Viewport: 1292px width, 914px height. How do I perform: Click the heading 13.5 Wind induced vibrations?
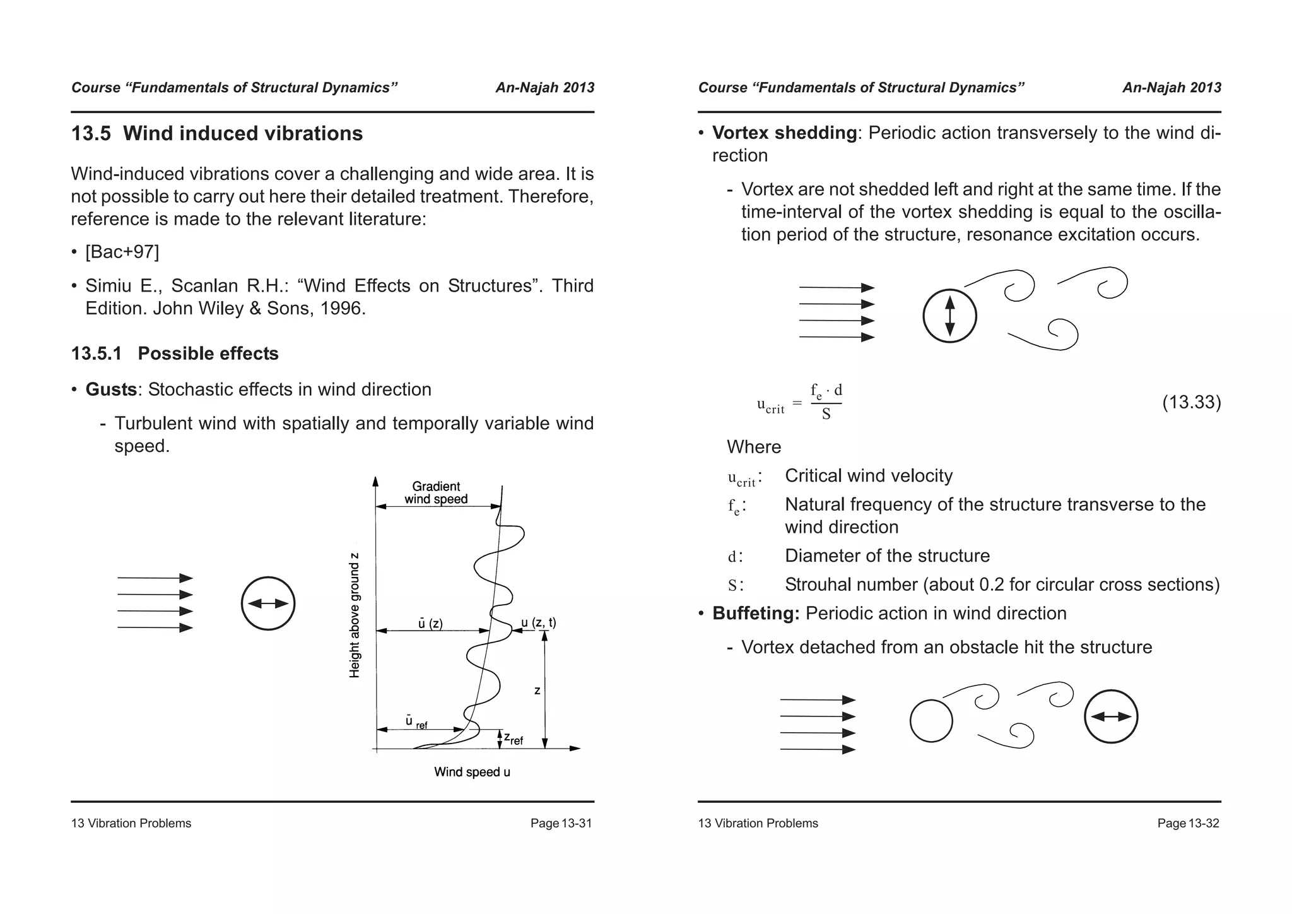[x=216, y=134]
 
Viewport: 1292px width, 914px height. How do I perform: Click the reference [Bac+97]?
[x=122, y=252]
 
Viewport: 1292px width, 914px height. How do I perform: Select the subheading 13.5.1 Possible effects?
[x=175, y=353]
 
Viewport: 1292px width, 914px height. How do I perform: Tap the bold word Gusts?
[x=111, y=389]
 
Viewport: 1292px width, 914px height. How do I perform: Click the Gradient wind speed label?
[x=436, y=493]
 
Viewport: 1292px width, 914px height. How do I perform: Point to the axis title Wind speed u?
[x=472, y=772]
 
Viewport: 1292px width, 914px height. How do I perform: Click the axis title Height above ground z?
[x=355, y=615]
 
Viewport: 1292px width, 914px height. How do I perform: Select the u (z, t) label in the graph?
[x=538, y=623]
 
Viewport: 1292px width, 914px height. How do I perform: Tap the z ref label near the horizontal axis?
[x=513, y=738]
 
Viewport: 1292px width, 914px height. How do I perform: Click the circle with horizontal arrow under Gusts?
[x=268, y=603]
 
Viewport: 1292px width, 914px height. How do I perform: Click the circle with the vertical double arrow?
[x=949, y=316]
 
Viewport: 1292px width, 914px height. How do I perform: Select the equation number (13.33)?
[x=1191, y=402]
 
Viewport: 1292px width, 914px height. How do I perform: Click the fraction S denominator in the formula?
[x=826, y=415]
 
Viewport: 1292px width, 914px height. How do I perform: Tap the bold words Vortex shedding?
[x=784, y=133]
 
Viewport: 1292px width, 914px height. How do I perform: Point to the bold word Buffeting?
[x=756, y=614]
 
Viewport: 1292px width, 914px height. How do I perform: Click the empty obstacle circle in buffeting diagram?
[x=931, y=721]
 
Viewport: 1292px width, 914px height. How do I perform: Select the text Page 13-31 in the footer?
[x=561, y=823]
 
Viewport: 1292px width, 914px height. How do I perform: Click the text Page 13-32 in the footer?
[x=1188, y=823]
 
